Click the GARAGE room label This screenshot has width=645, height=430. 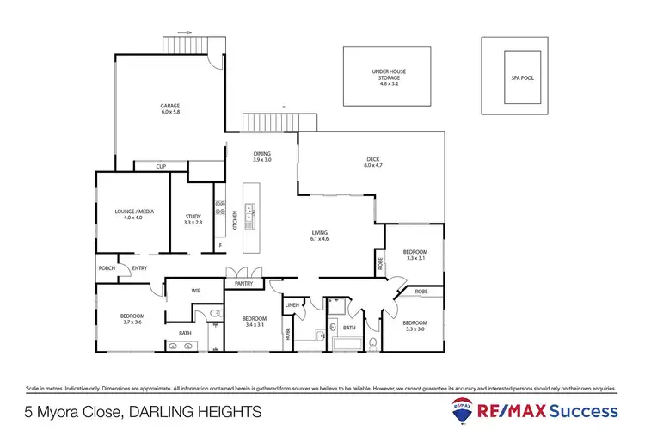click(169, 107)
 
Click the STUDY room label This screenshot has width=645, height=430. click(193, 216)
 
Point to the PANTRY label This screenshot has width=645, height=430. click(243, 284)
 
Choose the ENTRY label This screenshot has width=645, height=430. click(139, 267)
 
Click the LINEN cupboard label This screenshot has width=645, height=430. click(292, 304)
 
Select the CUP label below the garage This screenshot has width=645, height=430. click(161, 167)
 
